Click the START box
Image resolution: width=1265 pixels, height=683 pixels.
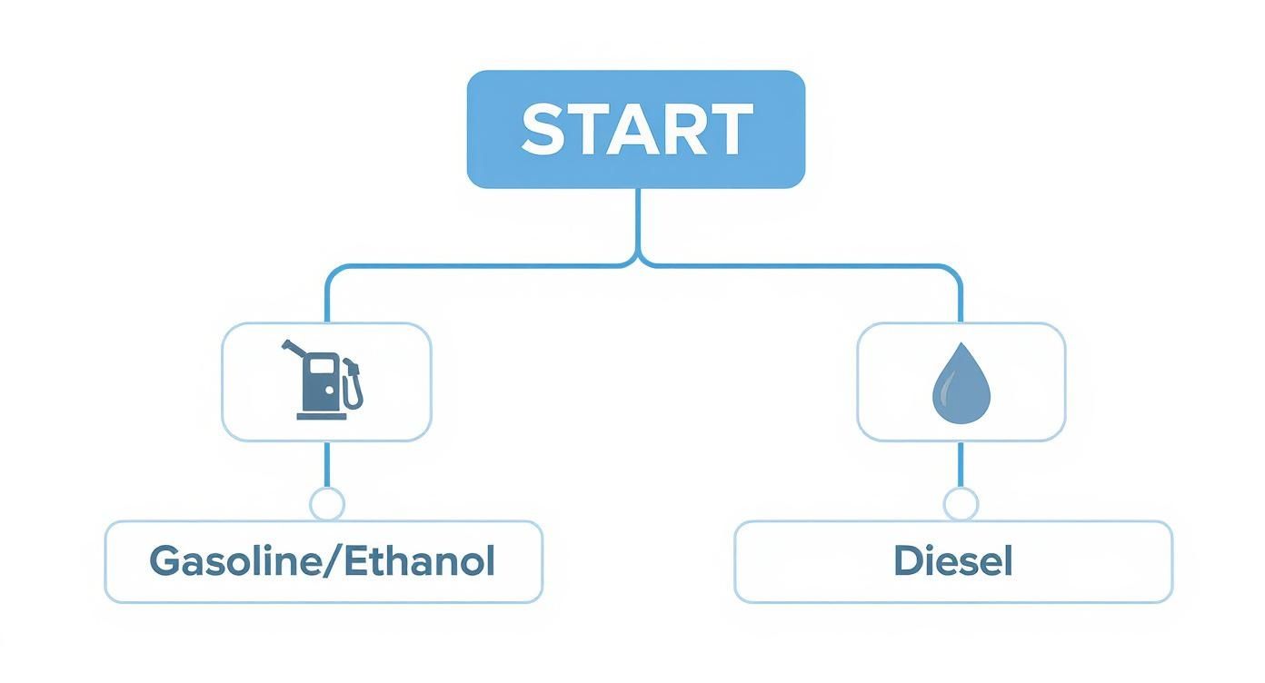pyautogui.click(x=636, y=129)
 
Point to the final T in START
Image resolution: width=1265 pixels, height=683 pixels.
pyautogui.click(x=729, y=129)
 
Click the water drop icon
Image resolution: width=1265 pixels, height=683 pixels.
pyautogui.click(x=961, y=383)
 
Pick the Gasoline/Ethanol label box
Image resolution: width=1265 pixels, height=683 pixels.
pyautogui.click(x=324, y=561)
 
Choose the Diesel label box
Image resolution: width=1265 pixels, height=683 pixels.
pyautogui.click(x=953, y=561)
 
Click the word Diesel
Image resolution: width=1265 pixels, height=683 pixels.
pyautogui.click(x=953, y=561)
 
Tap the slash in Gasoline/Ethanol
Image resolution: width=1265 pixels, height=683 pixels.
pyautogui.click(x=334, y=561)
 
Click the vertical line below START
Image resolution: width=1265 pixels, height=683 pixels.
pyautogui.click(x=638, y=223)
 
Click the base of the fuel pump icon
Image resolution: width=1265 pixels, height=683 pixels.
pyautogui.click(x=322, y=417)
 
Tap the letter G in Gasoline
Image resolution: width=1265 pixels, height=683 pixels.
pyautogui.click(x=164, y=561)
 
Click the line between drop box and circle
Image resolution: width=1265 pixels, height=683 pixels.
pyautogui.click(x=961, y=464)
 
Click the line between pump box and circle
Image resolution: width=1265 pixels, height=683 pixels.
pyautogui.click(x=326, y=464)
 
